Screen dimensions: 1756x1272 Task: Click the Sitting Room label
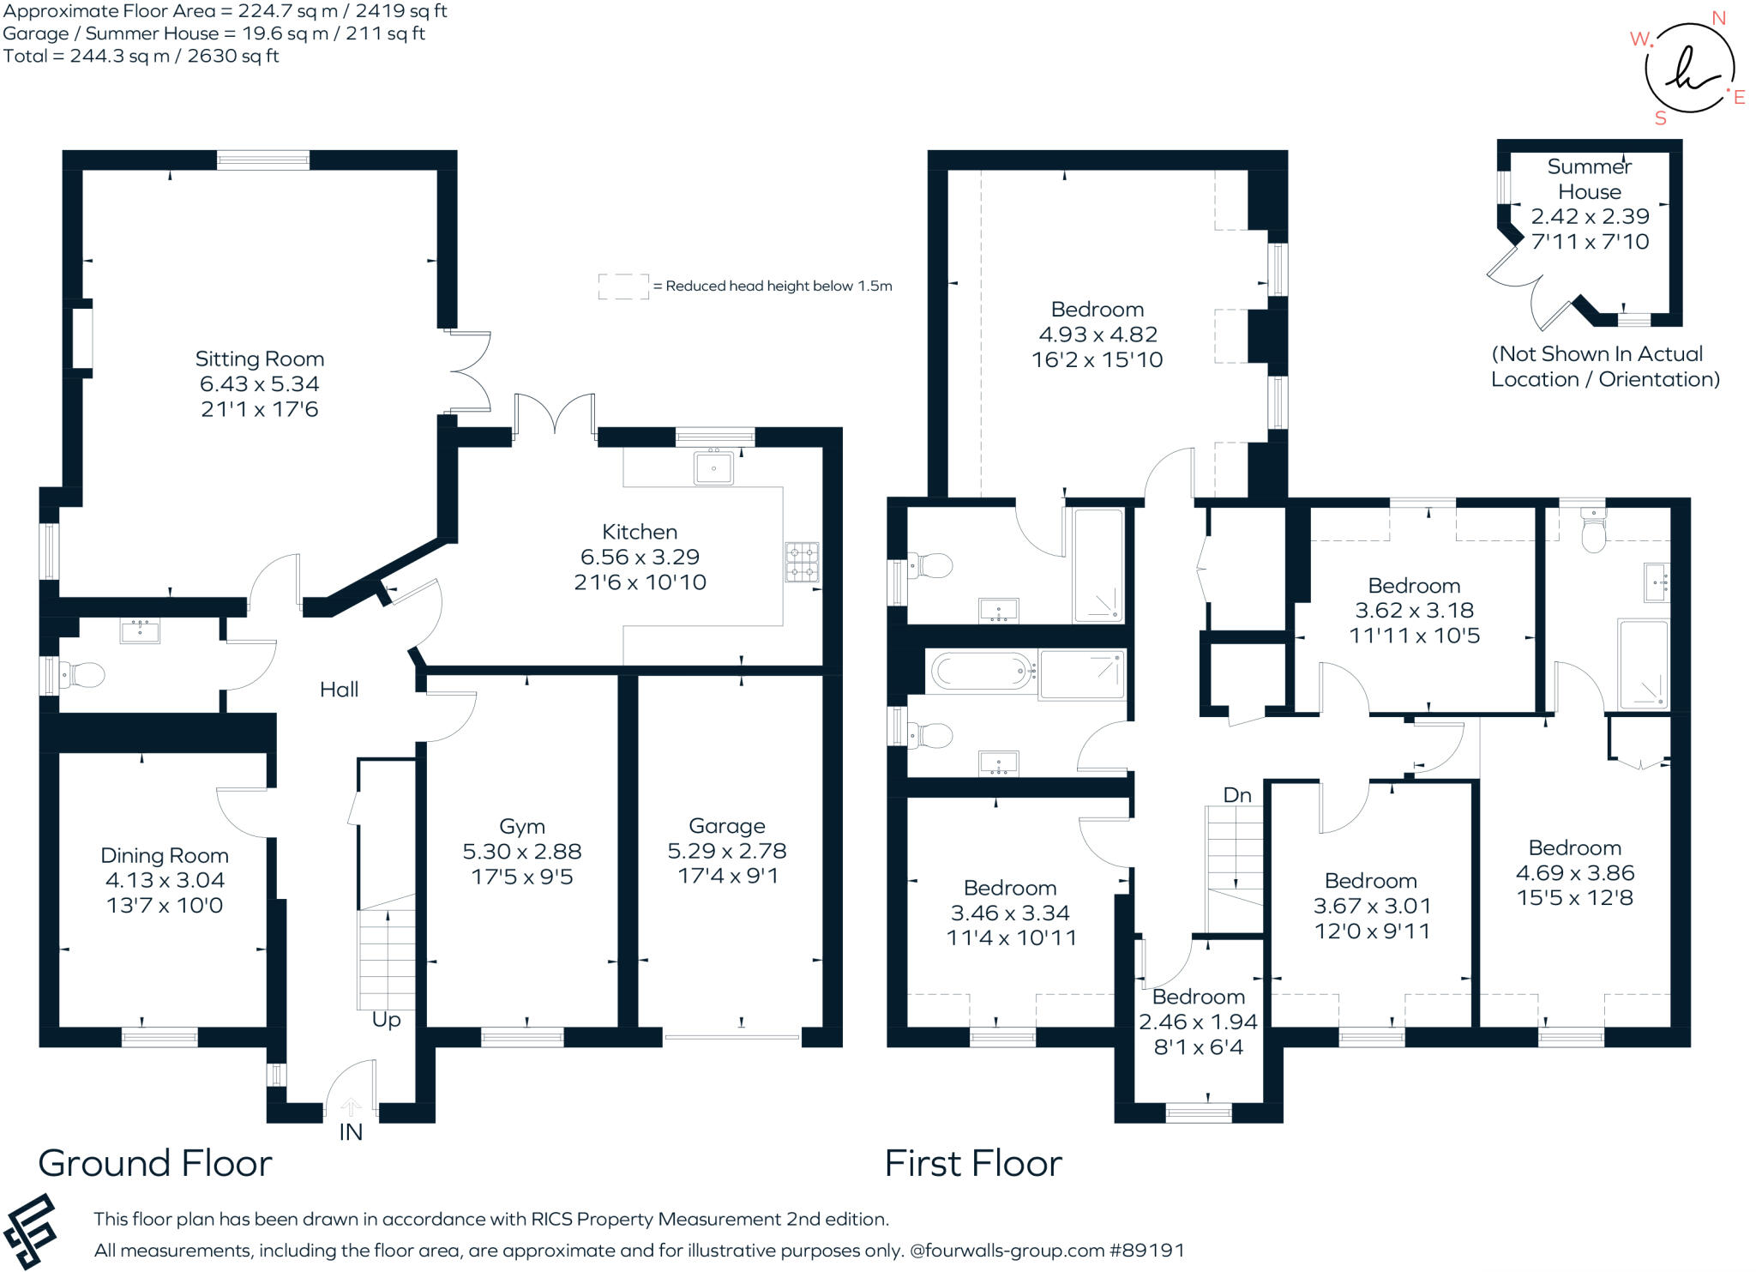click(259, 359)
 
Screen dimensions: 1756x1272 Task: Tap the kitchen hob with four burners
click(803, 562)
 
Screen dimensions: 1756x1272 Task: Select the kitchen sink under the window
click(713, 468)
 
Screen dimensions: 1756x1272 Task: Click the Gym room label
click(522, 827)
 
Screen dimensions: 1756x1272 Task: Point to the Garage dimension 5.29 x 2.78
click(727, 851)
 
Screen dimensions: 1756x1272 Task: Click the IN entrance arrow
click(351, 1106)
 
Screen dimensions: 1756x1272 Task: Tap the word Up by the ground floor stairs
click(386, 1020)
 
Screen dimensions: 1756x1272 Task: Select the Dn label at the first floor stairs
click(1237, 795)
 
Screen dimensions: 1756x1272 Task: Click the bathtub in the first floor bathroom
click(982, 671)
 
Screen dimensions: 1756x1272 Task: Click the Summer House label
click(1590, 178)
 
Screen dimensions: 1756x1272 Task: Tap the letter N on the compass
click(1718, 18)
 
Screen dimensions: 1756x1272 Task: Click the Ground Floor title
click(155, 1163)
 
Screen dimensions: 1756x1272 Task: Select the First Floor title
click(973, 1163)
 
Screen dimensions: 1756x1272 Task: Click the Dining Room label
click(165, 855)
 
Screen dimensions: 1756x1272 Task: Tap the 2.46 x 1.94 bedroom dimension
click(1198, 1022)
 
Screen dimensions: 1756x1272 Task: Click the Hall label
click(339, 690)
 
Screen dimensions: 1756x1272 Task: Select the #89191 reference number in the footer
click(1147, 1250)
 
